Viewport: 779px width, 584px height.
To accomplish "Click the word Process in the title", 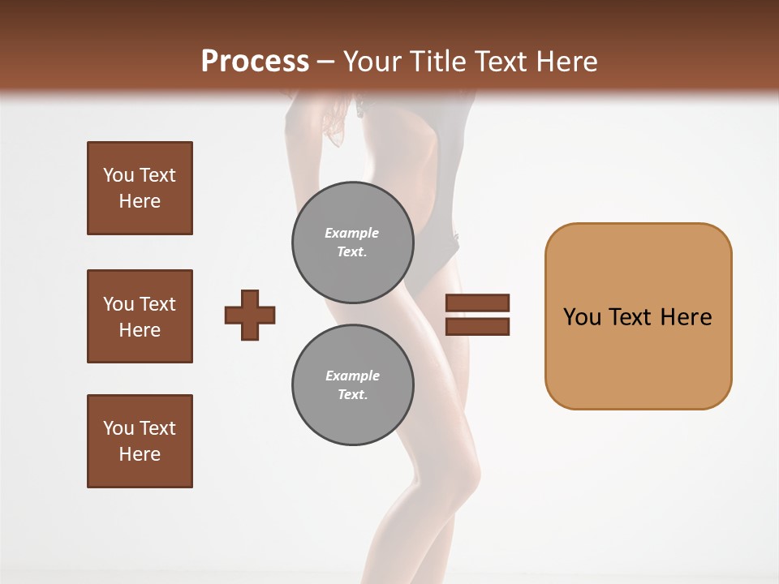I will click(255, 62).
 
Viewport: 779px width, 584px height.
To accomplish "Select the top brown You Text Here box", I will click(140, 188).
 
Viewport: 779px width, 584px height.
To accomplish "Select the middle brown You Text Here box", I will click(140, 316).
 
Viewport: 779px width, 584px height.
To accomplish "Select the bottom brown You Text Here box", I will click(140, 440).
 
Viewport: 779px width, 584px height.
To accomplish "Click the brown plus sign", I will click(250, 315).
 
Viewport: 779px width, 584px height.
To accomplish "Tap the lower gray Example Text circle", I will click(352, 385).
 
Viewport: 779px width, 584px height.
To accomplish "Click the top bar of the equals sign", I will click(477, 303).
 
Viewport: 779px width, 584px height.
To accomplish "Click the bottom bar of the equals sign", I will click(477, 327).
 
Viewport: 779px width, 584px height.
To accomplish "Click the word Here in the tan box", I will click(686, 317).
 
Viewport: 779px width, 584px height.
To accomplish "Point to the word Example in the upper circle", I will click(351, 233).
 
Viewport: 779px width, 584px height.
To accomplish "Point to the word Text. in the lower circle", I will click(352, 395).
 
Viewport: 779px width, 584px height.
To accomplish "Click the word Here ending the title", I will click(566, 62).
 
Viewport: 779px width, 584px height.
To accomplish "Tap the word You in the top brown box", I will click(118, 175).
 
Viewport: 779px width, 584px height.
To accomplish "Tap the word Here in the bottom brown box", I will click(140, 454).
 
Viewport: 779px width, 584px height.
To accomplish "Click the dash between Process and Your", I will click(325, 62).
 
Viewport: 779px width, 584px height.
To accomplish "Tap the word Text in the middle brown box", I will click(158, 304).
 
